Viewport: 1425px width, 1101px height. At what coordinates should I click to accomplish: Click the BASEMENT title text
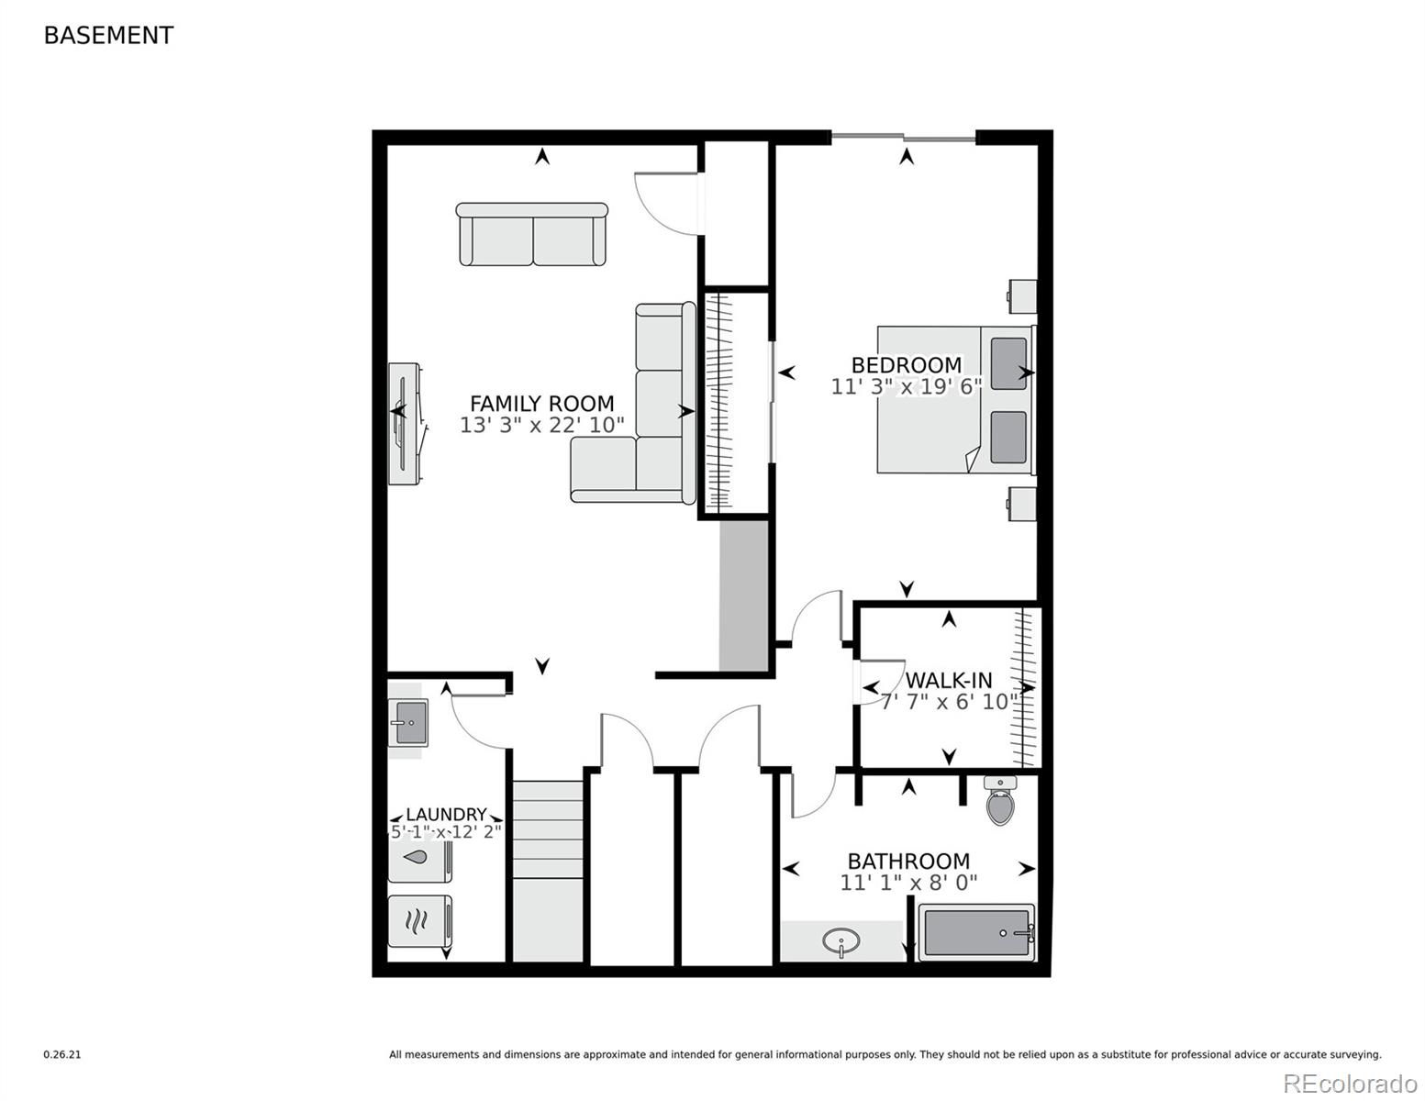pyautogui.click(x=108, y=36)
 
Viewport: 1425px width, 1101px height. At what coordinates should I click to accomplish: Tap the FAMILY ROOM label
pyautogui.click(x=541, y=404)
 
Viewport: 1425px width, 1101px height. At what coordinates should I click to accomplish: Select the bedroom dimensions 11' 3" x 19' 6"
pyautogui.click(x=906, y=387)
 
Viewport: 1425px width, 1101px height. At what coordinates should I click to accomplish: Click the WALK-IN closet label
pyautogui.click(x=949, y=681)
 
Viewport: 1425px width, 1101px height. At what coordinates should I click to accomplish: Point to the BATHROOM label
pyautogui.click(x=907, y=862)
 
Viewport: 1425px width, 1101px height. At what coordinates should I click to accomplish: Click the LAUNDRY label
pyautogui.click(x=446, y=815)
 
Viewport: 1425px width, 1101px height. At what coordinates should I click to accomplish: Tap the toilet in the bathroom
pyautogui.click(x=999, y=801)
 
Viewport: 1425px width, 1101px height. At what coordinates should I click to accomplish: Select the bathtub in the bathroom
pyautogui.click(x=975, y=932)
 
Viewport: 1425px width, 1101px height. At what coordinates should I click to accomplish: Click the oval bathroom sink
pyautogui.click(x=841, y=942)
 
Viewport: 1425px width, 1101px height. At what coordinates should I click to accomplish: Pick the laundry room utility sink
pyautogui.click(x=408, y=722)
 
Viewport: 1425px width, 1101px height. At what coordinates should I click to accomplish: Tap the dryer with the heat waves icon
pyautogui.click(x=418, y=920)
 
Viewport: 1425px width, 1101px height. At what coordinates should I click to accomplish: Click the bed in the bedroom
pyautogui.click(x=954, y=400)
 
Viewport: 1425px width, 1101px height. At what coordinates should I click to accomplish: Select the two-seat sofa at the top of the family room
pyautogui.click(x=532, y=235)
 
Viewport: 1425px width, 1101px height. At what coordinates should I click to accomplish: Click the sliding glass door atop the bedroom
pyautogui.click(x=904, y=138)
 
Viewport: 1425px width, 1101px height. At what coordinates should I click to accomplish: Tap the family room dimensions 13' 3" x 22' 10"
pyautogui.click(x=541, y=426)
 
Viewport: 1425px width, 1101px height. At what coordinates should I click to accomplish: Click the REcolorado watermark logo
pyautogui.click(x=1349, y=1083)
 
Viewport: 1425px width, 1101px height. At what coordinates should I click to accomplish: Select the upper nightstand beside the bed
pyautogui.click(x=1022, y=296)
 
